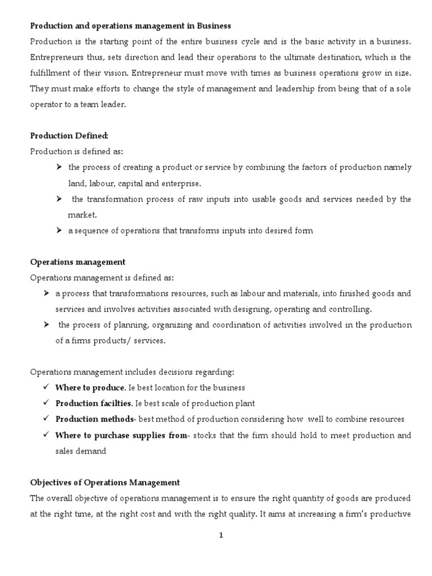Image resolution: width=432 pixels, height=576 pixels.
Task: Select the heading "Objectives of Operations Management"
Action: coord(105,483)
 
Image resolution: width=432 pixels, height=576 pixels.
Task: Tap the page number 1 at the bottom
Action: coord(222,535)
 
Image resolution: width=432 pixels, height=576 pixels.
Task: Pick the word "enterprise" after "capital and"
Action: coord(182,183)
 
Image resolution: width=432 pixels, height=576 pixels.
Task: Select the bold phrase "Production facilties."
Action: coord(94,404)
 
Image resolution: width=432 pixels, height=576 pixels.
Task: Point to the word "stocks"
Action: coord(205,435)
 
